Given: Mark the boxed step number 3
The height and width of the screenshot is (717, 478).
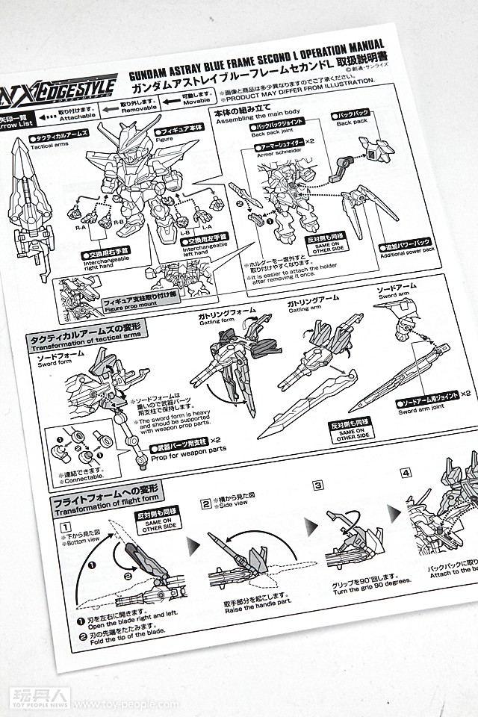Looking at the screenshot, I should (x=317, y=485).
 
